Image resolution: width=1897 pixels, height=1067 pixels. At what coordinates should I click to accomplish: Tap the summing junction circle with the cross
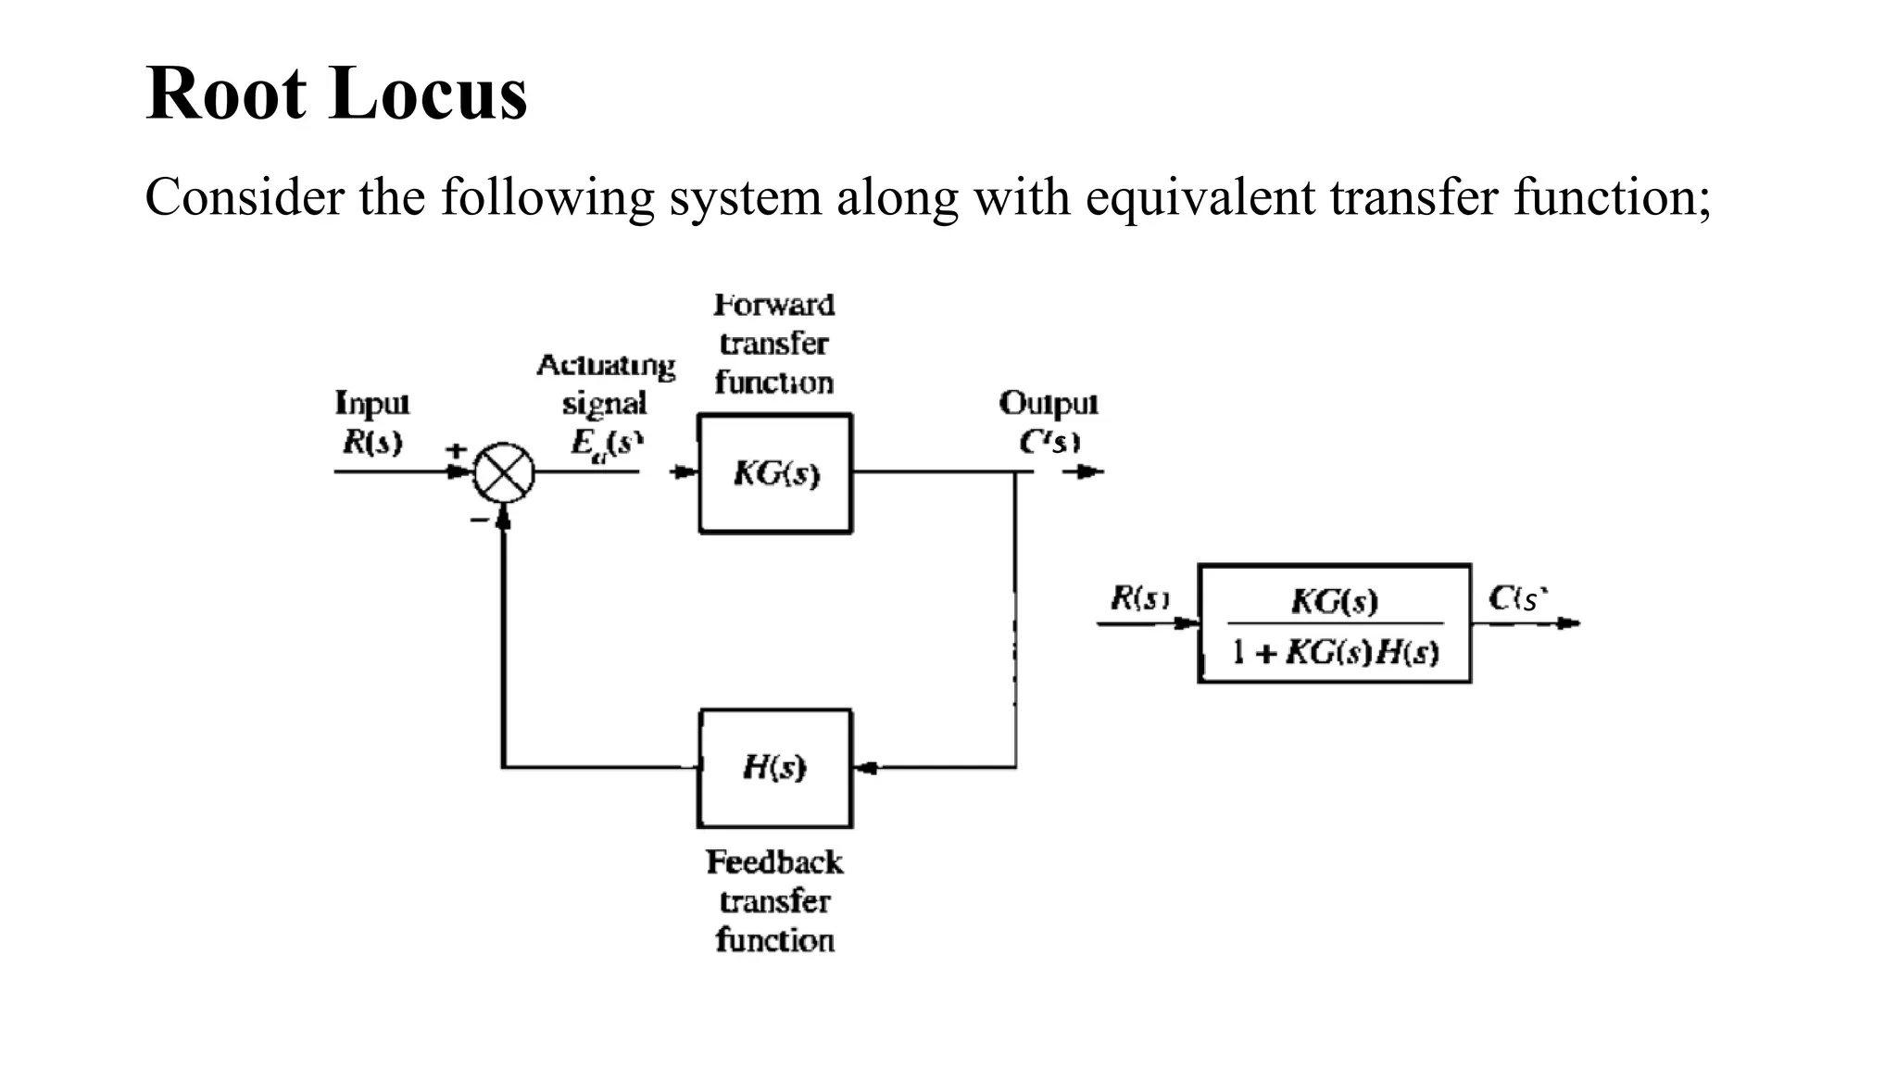pos(504,472)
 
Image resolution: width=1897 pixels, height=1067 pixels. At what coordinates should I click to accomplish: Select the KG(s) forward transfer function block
pos(775,474)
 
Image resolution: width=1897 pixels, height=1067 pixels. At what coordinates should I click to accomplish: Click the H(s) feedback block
pos(774,768)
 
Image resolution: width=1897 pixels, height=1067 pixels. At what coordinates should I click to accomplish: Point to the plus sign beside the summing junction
pos(456,450)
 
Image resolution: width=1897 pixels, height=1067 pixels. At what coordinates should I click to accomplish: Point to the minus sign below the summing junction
pos(479,521)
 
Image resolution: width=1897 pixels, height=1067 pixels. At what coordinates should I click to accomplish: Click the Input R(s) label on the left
pos(372,422)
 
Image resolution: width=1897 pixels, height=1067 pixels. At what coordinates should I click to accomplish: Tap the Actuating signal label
pos(605,383)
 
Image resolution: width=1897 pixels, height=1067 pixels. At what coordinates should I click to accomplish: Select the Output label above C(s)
pos(1048,403)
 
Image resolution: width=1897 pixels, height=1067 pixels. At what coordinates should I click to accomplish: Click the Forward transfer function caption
pos(774,344)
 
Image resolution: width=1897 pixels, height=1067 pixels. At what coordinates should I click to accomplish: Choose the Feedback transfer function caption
pos(774,900)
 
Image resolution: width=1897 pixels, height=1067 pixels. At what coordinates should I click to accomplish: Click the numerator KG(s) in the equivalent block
pos(1334,601)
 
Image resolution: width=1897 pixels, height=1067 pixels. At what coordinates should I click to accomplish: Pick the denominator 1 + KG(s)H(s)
pos(1335,653)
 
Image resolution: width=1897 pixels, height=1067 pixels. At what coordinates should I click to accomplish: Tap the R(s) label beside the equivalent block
pos(1139,599)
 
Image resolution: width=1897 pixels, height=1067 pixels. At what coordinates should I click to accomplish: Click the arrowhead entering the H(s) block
pos(864,768)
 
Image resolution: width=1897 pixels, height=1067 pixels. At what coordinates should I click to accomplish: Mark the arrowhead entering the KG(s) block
pos(685,472)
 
